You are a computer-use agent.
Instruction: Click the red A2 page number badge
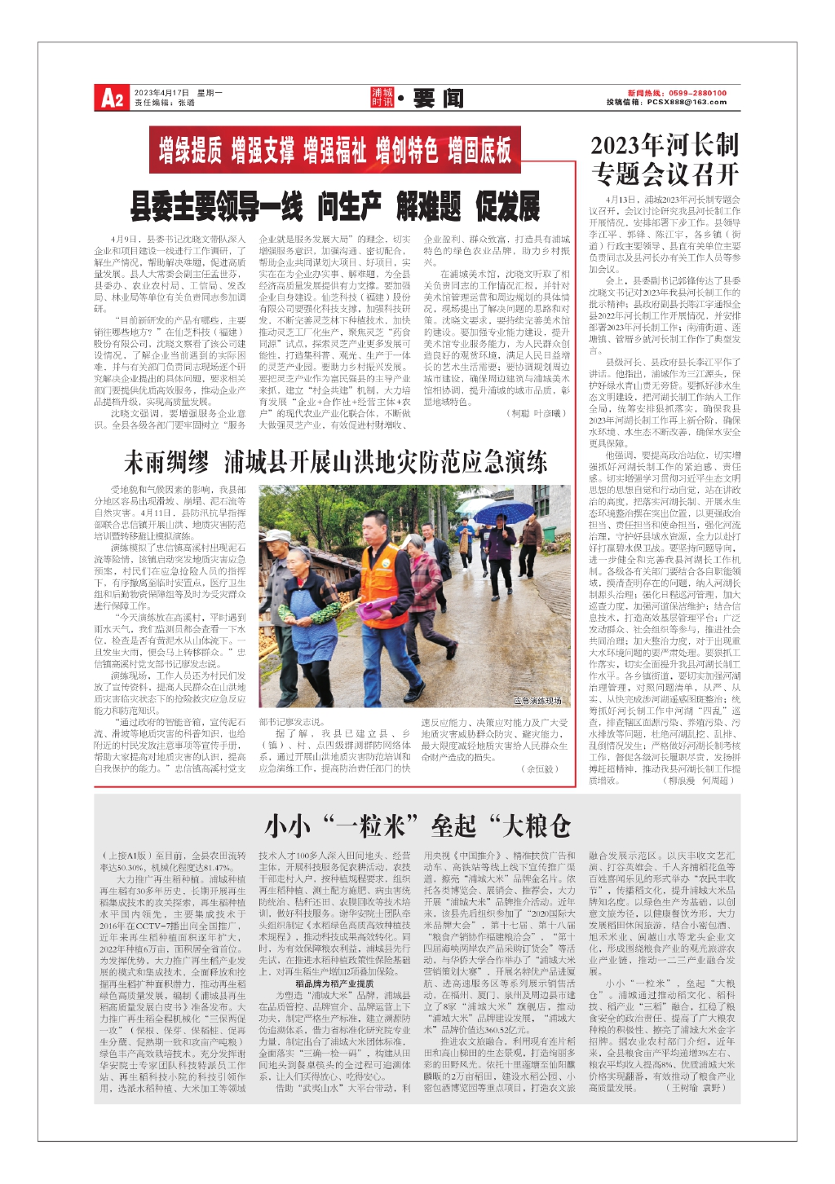tap(113, 99)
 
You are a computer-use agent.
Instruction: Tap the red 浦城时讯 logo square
tap(382, 98)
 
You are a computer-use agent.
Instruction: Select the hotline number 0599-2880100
tap(698, 93)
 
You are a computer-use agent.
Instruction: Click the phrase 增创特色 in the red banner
tap(406, 150)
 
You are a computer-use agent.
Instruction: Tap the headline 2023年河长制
tap(665, 146)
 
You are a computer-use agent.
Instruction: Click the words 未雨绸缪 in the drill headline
tap(166, 463)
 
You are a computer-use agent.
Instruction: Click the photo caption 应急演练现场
tap(537, 700)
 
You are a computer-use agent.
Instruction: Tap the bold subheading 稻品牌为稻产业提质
tap(334, 984)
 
